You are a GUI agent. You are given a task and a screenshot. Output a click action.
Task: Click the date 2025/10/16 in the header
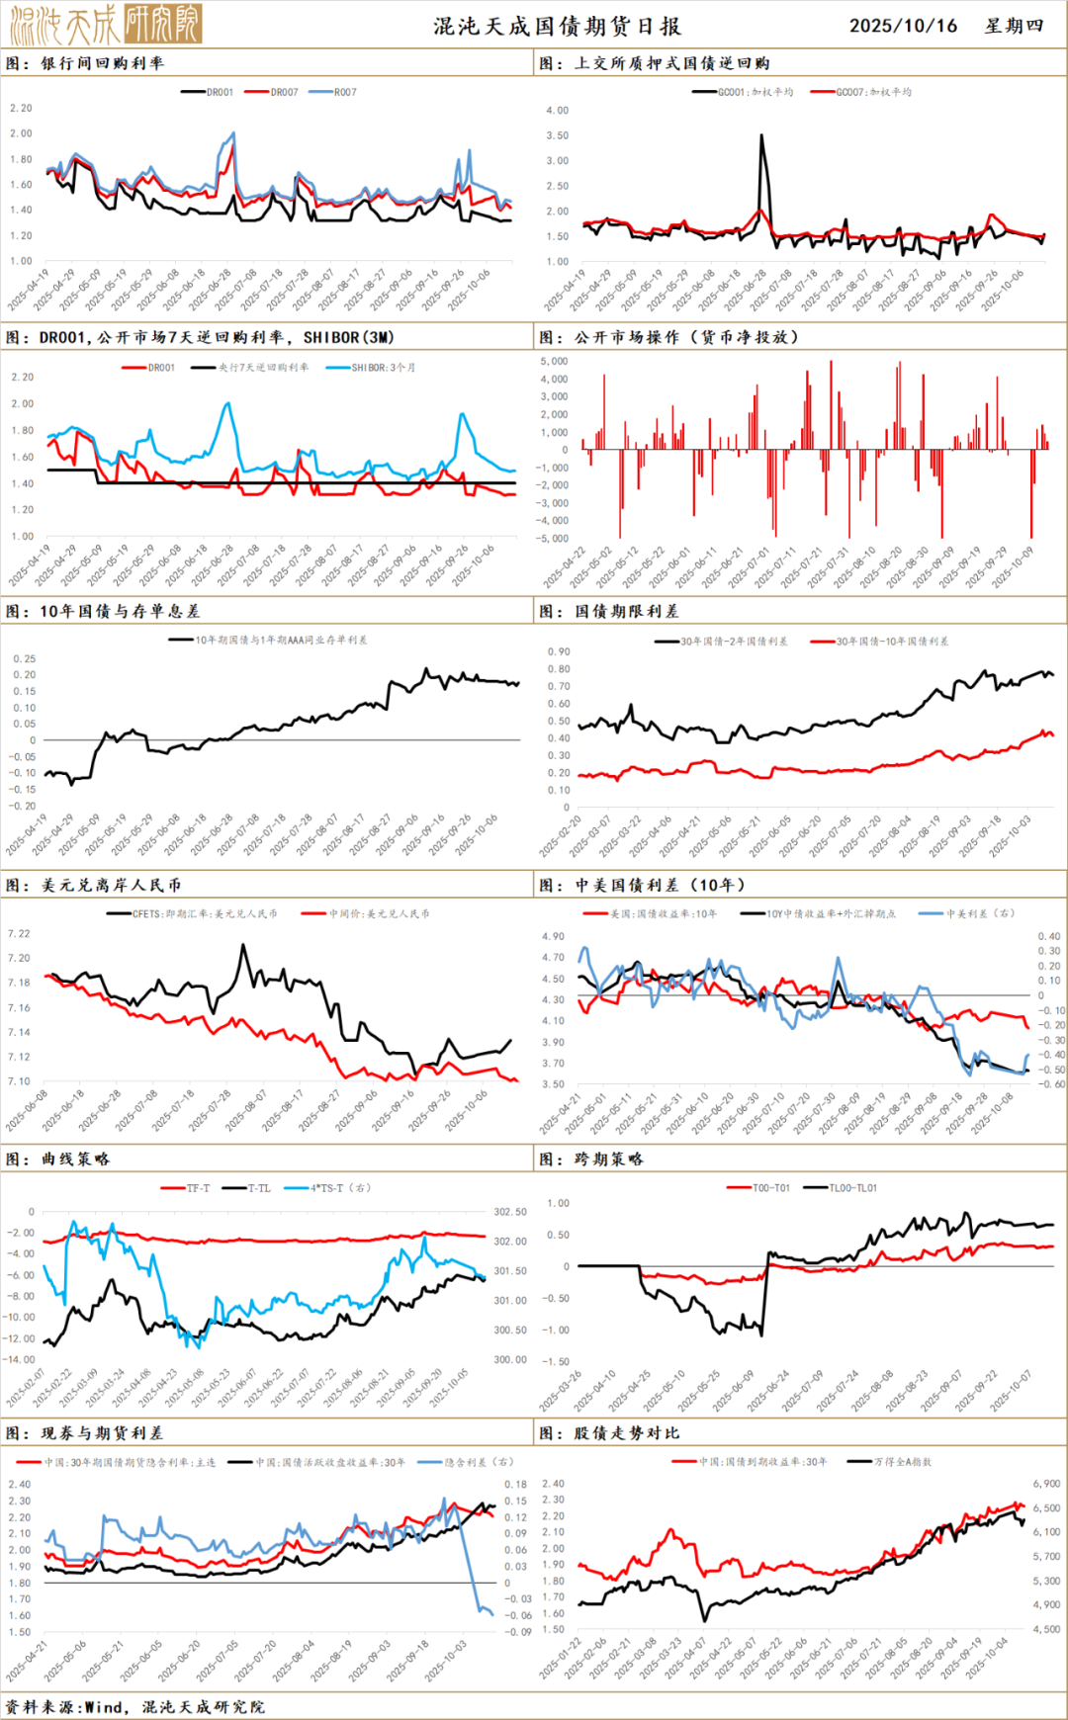pos(903,26)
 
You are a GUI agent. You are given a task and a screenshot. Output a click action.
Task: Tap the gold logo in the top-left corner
pos(106,24)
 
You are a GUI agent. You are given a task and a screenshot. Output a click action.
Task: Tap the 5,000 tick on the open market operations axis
pos(554,362)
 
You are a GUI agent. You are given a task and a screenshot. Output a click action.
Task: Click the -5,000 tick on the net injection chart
pos(552,539)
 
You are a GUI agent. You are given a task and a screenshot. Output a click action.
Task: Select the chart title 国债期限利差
pos(627,612)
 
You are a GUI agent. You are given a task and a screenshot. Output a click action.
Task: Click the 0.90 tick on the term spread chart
pos(559,652)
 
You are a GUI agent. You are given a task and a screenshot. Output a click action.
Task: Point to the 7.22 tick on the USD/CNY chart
pos(19,934)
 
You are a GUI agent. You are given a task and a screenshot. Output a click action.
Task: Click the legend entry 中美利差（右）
pos(979,914)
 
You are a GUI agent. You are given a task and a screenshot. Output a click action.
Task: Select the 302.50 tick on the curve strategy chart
pos(510,1212)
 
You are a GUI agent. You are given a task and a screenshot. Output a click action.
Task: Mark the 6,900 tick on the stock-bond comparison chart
pos(1046,1485)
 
